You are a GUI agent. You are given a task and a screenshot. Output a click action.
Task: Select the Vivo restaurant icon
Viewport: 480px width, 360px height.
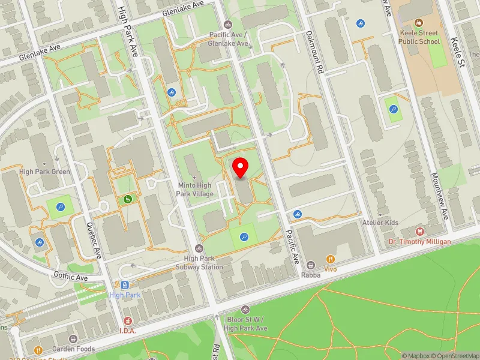point(330,259)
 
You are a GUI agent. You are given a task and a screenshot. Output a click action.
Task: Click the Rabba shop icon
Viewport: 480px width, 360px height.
point(311,265)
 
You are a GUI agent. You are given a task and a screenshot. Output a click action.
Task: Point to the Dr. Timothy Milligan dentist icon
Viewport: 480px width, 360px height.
point(420,231)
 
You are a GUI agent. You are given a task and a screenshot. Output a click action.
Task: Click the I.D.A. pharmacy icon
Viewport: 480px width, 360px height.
point(128,321)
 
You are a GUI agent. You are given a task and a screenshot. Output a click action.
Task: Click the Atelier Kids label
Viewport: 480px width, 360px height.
point(380,223)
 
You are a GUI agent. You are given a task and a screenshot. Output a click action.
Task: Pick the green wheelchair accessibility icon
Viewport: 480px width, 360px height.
point(128,199)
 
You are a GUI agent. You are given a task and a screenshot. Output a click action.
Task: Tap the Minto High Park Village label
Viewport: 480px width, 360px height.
point(195,190)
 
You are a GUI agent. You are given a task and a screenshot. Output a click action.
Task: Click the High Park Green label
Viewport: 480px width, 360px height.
point(44,172)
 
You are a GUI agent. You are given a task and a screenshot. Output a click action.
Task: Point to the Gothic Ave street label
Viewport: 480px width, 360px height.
point(71,278)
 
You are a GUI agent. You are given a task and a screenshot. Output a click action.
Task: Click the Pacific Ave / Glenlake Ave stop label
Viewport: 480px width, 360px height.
point(228,40)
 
